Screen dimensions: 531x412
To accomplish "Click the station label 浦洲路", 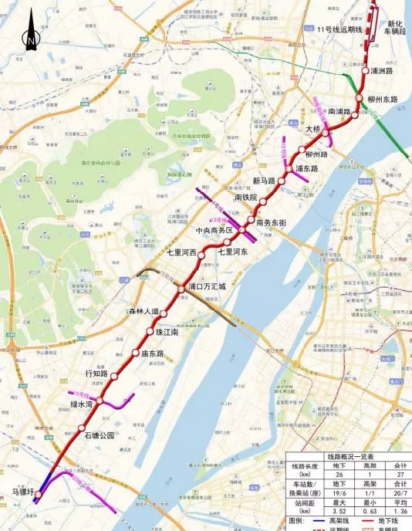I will tap(388, 70).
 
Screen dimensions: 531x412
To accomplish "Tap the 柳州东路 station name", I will tap(386, 100).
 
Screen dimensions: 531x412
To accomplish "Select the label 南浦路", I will tap(339, 111).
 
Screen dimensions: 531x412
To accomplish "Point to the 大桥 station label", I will tap(312, 130).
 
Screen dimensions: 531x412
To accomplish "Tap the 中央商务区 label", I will tap(214, 230).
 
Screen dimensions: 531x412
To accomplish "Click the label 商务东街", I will tap(272, 222).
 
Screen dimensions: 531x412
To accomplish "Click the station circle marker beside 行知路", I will tap(115, 377).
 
